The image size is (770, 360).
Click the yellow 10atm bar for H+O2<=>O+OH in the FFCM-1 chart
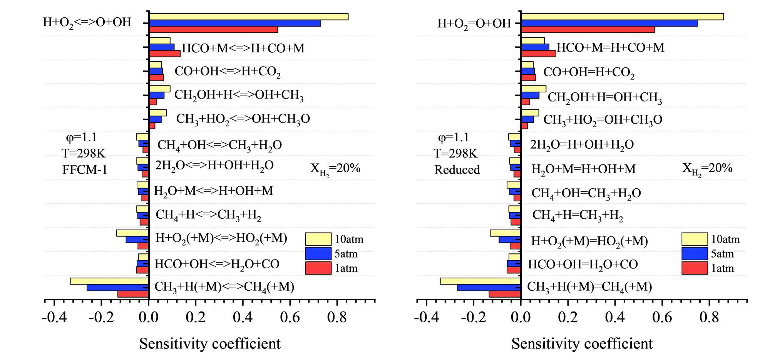(248, 17)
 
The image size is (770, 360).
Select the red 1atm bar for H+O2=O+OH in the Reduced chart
(588, 30)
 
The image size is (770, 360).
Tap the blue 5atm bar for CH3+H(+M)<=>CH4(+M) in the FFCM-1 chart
(117, 288)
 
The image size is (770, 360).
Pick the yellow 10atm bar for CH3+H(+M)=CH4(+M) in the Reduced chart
(480, 281)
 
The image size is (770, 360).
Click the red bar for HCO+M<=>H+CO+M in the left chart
(164, 54)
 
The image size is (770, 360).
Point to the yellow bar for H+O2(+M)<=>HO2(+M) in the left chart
(132, 233)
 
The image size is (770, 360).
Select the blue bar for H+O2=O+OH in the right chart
(609, 23)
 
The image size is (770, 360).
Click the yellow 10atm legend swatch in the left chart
(318, 239)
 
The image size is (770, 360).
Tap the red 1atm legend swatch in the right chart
(694, 268)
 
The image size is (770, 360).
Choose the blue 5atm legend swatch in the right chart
(694, 254)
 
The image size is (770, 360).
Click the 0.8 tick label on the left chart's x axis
(337, 317)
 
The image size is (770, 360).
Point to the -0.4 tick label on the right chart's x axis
(426, 317)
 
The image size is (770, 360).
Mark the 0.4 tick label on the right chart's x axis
(615, 317)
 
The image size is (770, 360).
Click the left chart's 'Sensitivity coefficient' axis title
(210, 343)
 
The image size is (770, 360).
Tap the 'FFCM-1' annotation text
(85, 169)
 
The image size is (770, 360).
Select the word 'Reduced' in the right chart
(457, 169)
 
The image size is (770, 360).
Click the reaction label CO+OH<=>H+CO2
(228, 72)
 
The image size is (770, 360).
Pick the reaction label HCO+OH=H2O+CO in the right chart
(583, 265)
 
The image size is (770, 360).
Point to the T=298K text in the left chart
(84, 153)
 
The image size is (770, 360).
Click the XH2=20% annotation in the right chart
(707, 169)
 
